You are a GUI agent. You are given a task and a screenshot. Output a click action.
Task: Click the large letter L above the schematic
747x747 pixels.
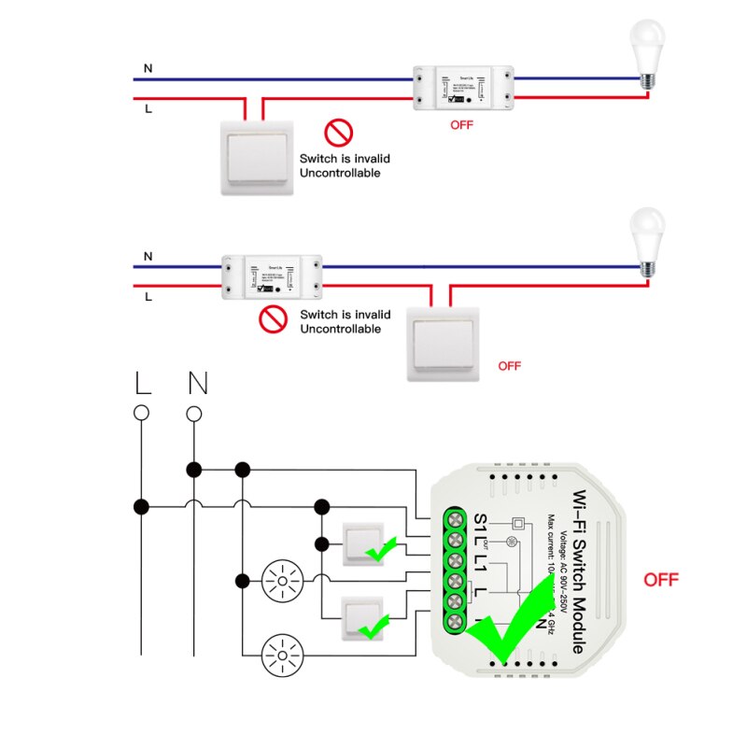pyautogui.click(x=142, y=383)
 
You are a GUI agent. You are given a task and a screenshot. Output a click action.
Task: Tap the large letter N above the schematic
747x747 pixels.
pyautogui.click(x=197, y=383)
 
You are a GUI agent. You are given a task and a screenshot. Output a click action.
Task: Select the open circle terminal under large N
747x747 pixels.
pyautogui.click(x=194, y=412)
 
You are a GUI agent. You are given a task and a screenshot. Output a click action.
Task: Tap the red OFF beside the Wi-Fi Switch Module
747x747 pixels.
pyautogui.click(x=661, y=580)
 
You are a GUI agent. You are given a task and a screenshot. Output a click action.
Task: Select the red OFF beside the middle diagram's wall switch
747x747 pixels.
pyautogui.click(x=510, y=366)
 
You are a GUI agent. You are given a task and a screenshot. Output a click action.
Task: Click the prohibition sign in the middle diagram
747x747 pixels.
pyautogui.click(x=273, y=321)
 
